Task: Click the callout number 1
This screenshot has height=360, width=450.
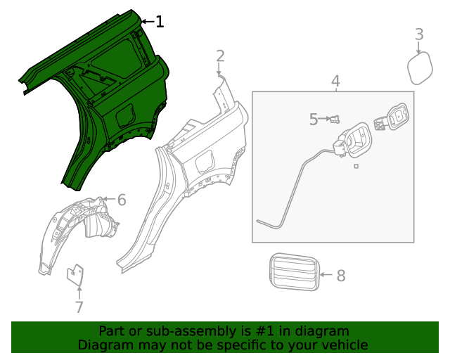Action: tap(160, 22)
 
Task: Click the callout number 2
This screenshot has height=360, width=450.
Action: tap(220, 56)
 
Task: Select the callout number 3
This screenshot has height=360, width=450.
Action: tap(419, 34)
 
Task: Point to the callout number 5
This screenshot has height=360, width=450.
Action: tap(314, 120)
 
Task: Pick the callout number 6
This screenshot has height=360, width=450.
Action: tap(122, 200)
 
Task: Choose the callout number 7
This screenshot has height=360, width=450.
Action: tap(79, 307)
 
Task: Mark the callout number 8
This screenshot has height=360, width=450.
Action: tap(341, 275)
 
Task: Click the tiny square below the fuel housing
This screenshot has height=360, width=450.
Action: tap(356, 166)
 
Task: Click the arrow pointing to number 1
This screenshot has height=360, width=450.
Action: tap(147, 22)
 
